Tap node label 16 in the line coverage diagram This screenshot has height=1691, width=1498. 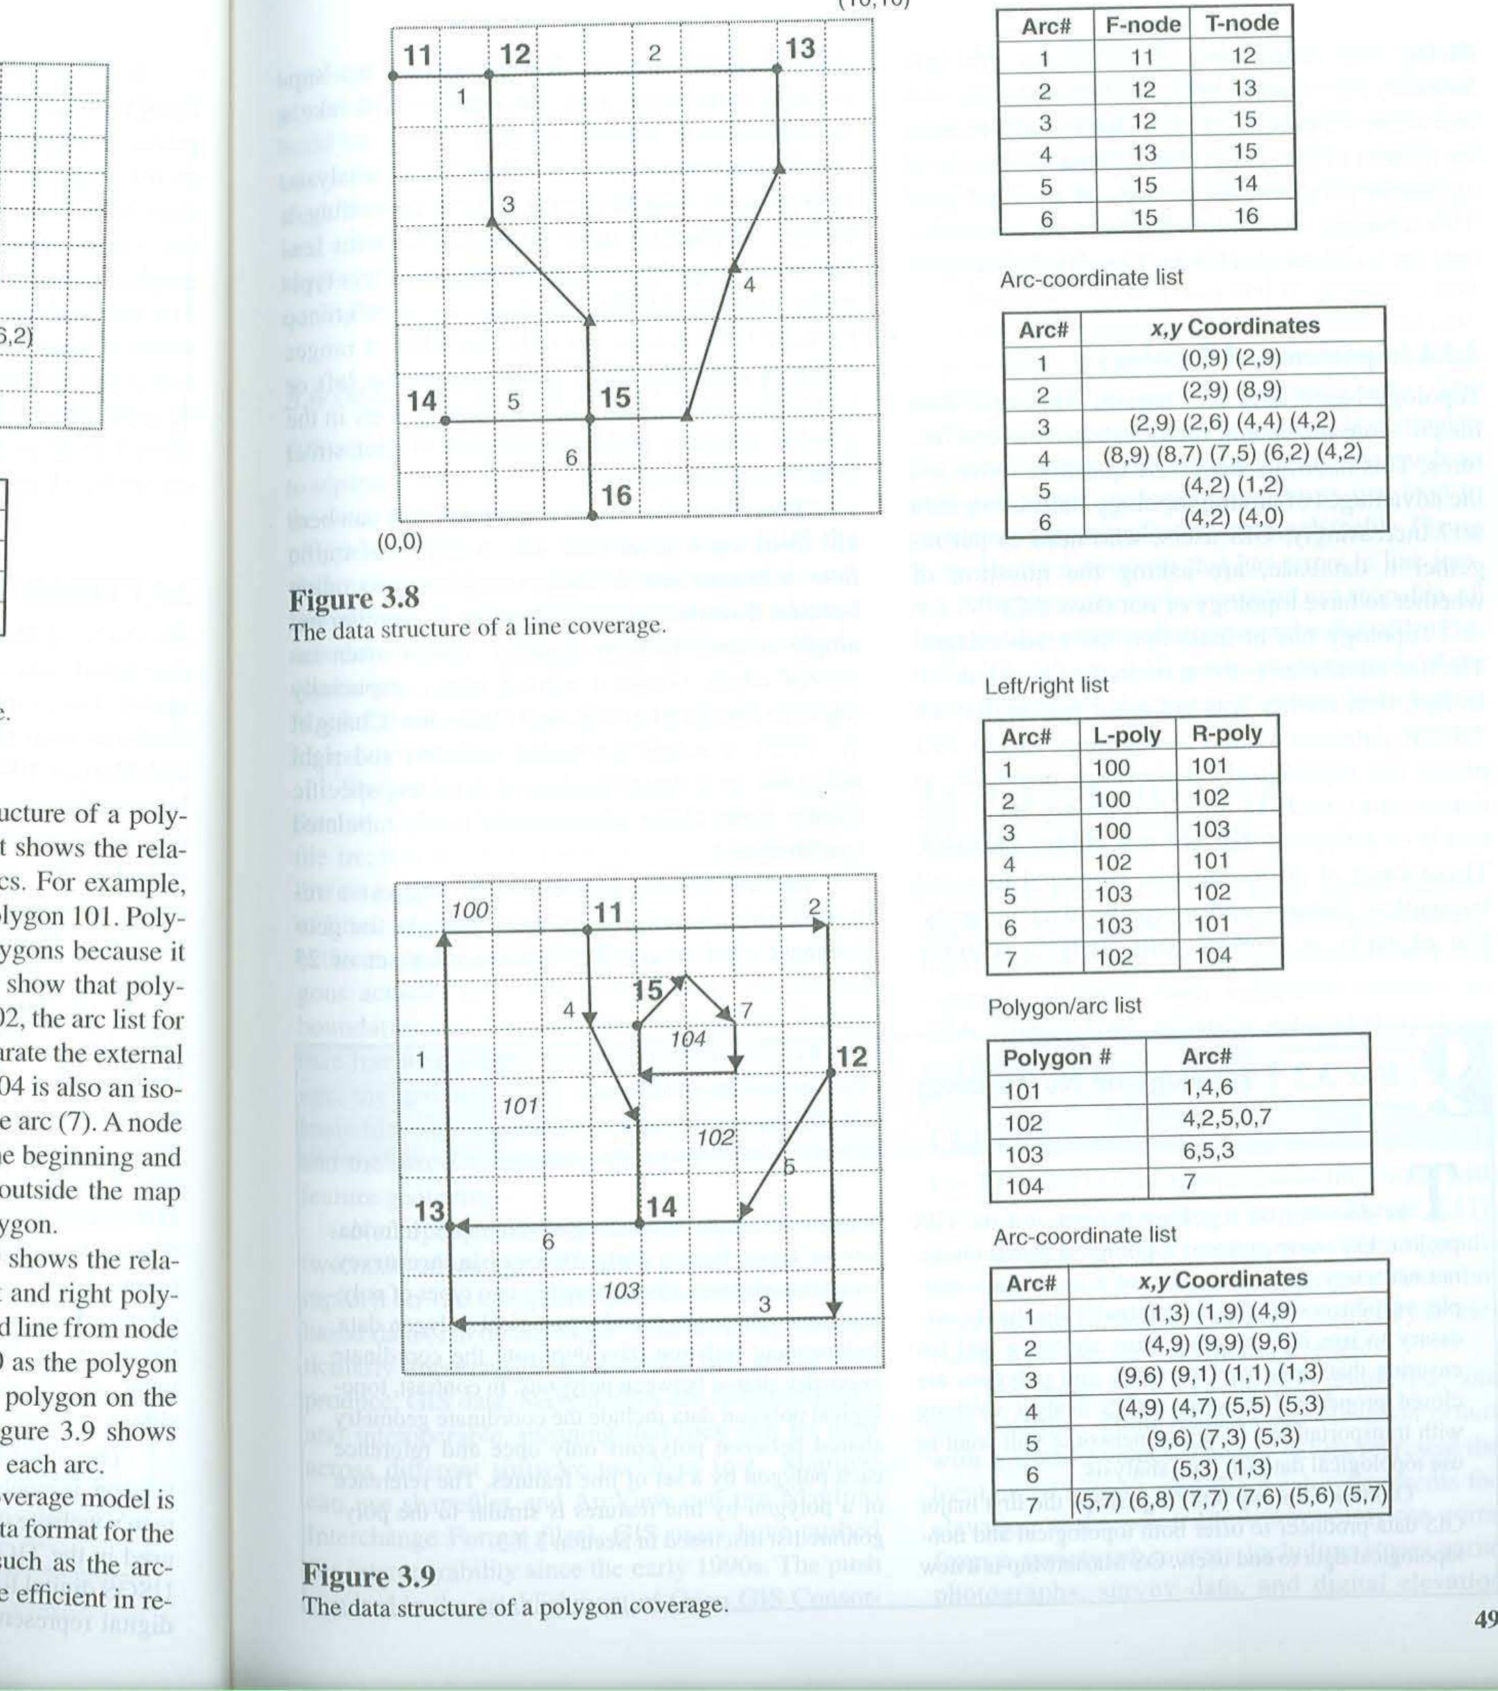(617, 495)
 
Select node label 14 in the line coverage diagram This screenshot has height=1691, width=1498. (422, 402)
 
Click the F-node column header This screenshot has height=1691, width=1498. (1143, 25)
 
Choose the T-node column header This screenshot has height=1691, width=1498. (1242, 23)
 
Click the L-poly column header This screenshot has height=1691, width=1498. (1127, 735)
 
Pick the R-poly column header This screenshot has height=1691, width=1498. (1226, 734)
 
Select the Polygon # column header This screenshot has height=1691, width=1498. (1056, 1058)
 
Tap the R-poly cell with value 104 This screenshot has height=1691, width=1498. (1213, 956)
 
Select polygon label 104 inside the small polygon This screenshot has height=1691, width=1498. (688, 1039)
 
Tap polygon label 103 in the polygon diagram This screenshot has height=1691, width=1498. (620, 1292)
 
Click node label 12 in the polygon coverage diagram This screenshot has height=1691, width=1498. (853, 1058)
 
